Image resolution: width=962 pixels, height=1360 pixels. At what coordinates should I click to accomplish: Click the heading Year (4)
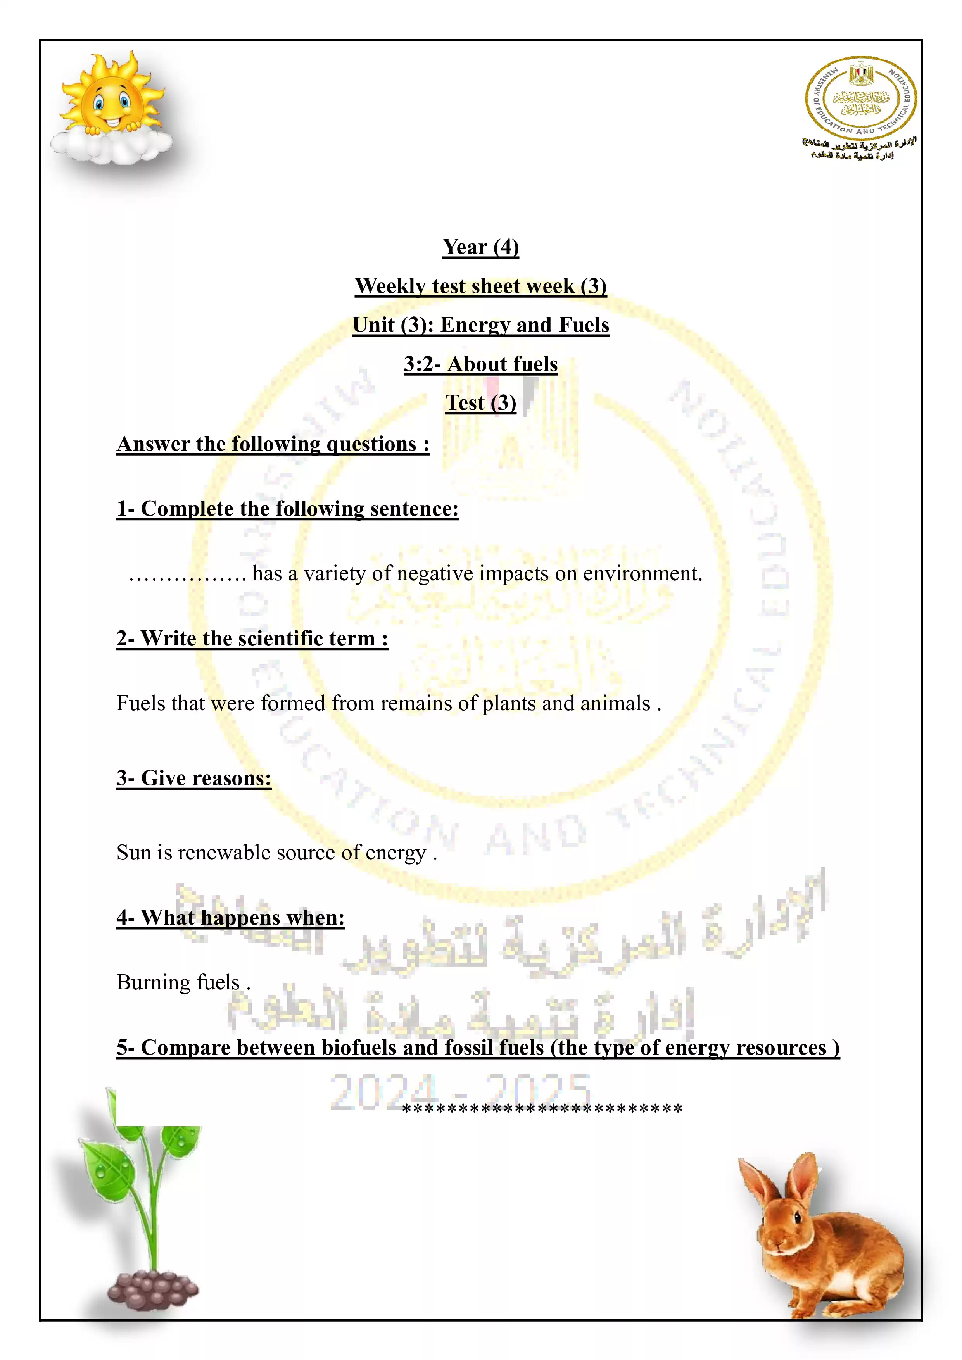(x=480, y=247)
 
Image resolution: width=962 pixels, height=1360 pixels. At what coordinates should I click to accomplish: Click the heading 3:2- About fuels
(x=480, y=364)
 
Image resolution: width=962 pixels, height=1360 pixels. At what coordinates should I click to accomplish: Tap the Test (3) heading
(x=480, y=403)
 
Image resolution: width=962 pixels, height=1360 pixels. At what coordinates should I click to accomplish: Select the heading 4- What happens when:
(x=230, y=918)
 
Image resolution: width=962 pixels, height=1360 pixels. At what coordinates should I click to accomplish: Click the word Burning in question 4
(x=154, y=983)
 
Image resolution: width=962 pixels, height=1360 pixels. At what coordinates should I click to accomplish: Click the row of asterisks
(x=542, y=1109)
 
